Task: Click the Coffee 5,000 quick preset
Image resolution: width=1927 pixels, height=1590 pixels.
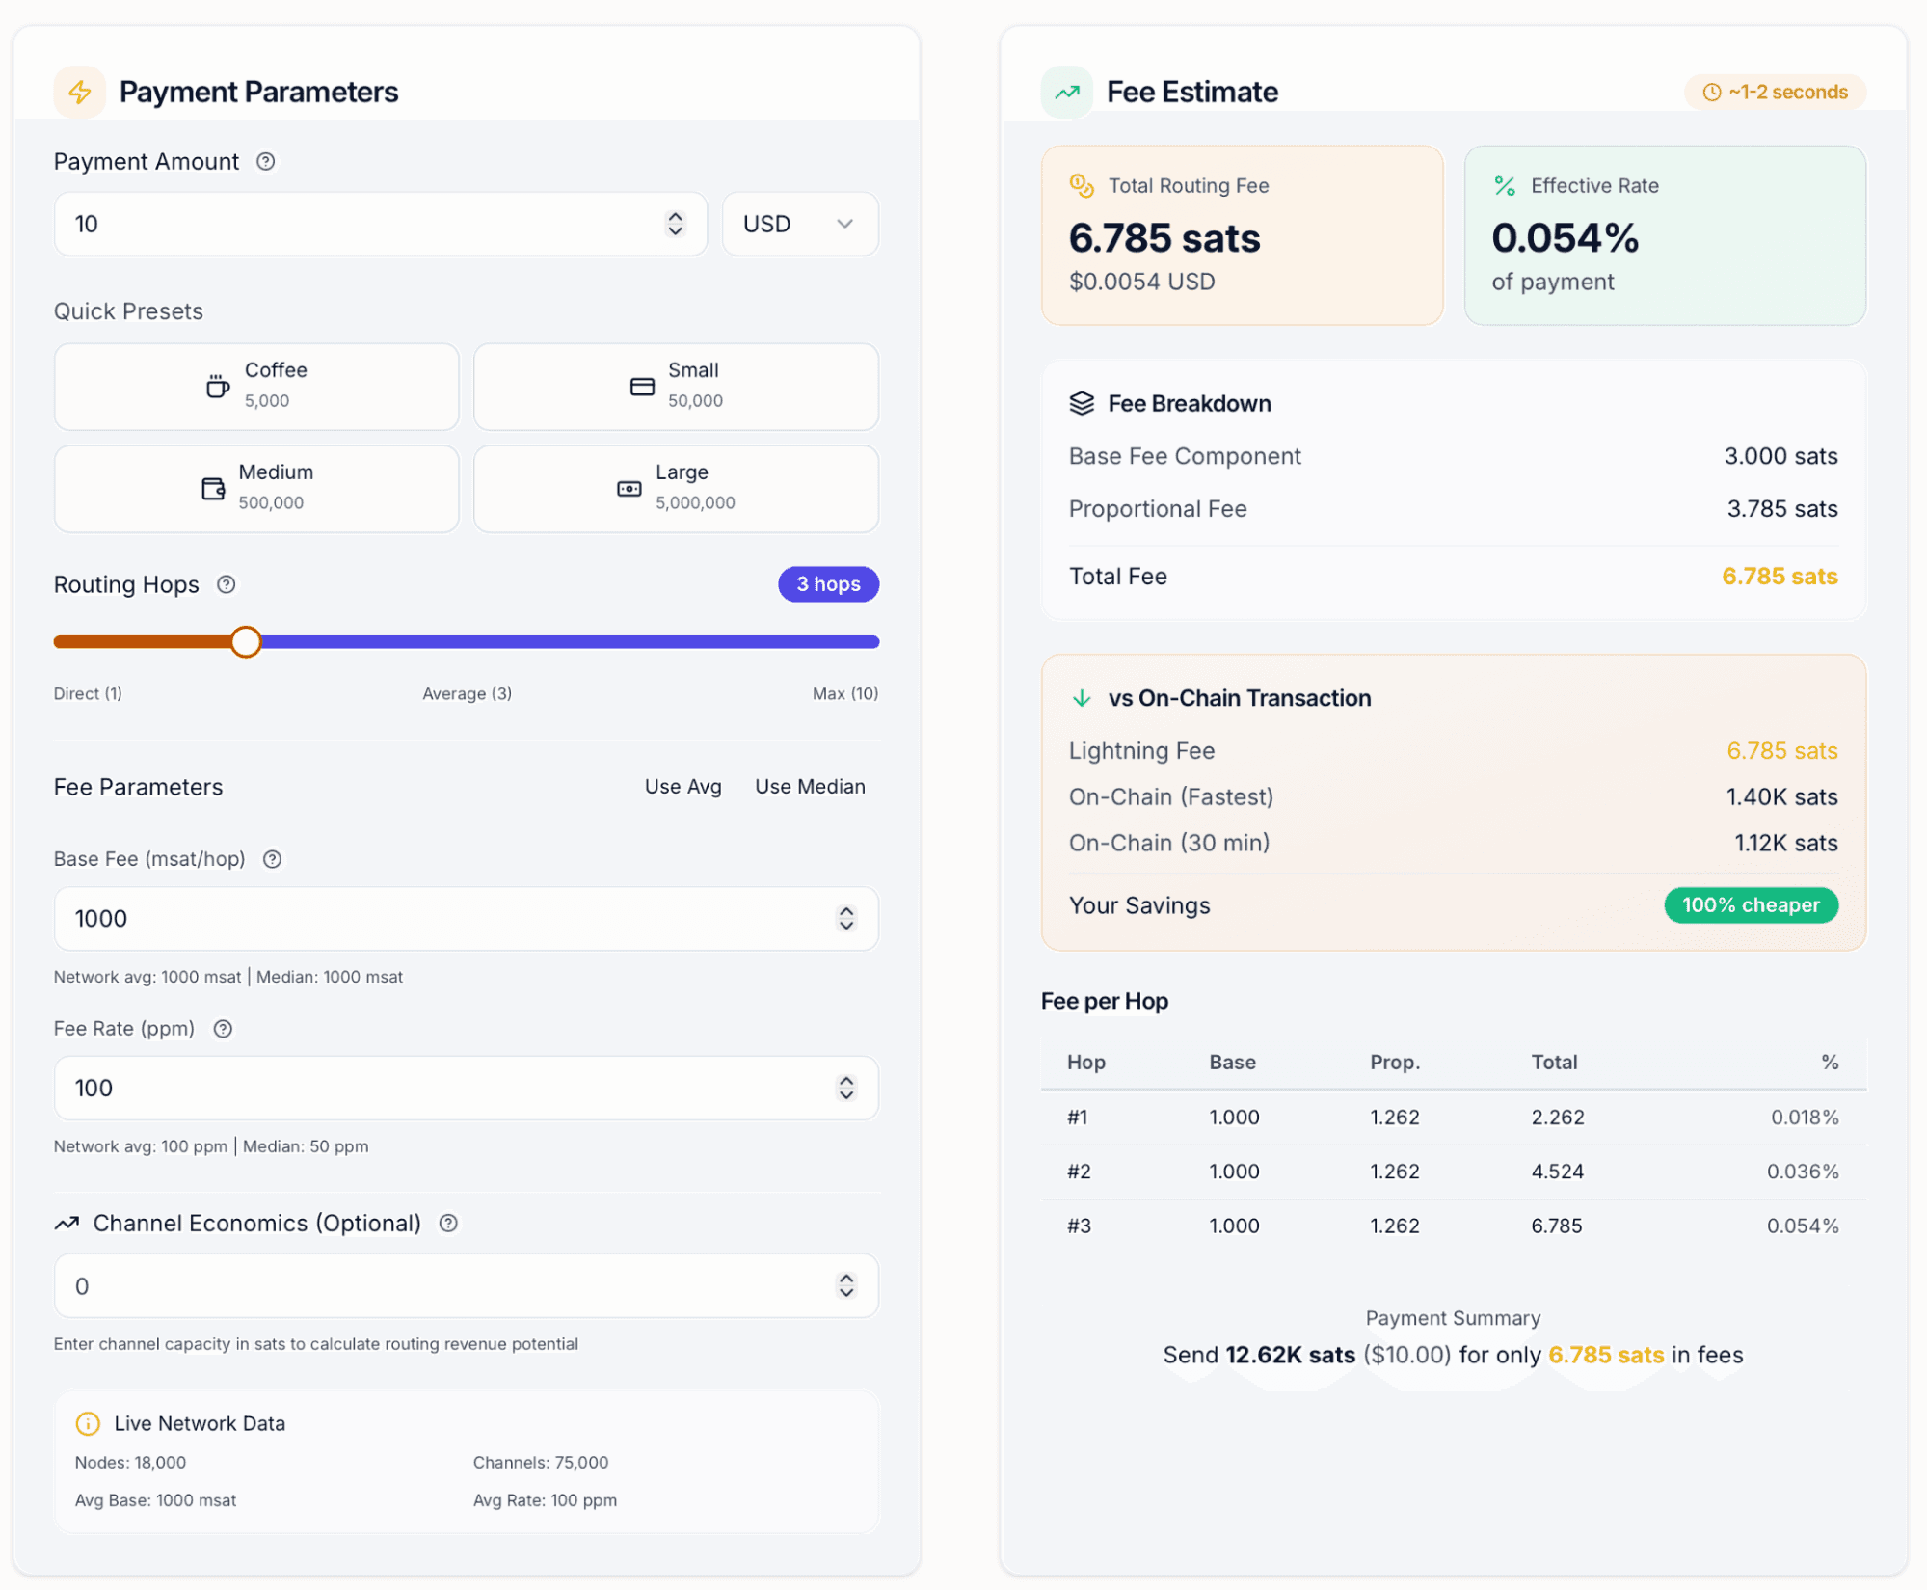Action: tap(256, 387)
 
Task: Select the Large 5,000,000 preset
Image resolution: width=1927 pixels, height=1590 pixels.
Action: tap(676, 489)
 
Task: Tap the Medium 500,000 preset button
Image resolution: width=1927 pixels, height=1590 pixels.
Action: tap(256, 489)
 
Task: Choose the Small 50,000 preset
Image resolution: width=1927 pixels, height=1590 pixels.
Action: tap(676, 387)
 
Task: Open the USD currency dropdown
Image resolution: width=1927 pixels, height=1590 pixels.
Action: tap(799, 224)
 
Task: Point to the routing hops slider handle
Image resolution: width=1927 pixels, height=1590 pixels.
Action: tap(246, 641)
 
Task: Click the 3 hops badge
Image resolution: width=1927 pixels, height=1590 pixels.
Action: tap(828, 584)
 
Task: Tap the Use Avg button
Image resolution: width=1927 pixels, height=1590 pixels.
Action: tap(682, 787)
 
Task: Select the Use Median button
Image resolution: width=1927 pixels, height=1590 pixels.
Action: tap(810, 787)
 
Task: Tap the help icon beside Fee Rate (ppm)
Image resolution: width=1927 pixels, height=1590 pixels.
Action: tap(223, 1029)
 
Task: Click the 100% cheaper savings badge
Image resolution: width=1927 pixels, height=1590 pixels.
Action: tap(1751, 905)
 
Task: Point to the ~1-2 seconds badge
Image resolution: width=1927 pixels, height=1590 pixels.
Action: tap(1775, 93)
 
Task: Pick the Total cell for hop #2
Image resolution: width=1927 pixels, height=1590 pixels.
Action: tap(1558, 1172)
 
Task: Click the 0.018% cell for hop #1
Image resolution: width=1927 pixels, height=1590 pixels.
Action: tap(1805, 1118)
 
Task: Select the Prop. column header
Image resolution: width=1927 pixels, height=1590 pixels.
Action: tap(1395, 1063)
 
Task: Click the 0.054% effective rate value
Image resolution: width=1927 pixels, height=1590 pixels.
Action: tap(1565, 238)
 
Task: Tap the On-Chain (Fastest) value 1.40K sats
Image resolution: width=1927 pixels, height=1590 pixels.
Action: tap(1781, 797)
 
